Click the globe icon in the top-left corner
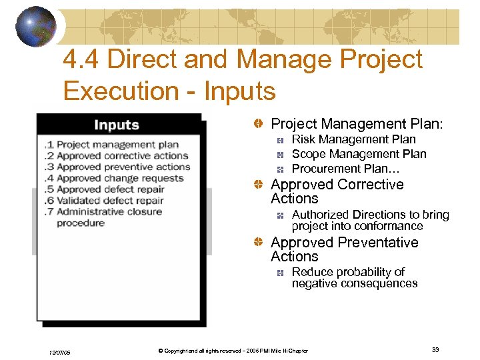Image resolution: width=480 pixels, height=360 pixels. [36, 26]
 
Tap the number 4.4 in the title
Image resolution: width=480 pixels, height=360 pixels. [81, 60]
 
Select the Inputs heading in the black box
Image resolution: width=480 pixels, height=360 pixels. [117, 125]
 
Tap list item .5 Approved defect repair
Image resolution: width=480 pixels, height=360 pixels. [111, 189]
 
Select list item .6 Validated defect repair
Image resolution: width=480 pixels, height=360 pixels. [111, 200]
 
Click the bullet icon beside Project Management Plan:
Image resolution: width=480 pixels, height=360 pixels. [257, 125]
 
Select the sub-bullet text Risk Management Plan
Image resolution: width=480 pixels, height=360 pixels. [353, 139]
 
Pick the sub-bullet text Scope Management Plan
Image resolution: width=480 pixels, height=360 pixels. [359, 154]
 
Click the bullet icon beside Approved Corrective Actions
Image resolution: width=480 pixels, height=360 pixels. [257, 185]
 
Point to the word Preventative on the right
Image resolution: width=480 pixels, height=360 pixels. [378, 243]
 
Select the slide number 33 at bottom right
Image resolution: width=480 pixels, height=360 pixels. [435, 350]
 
